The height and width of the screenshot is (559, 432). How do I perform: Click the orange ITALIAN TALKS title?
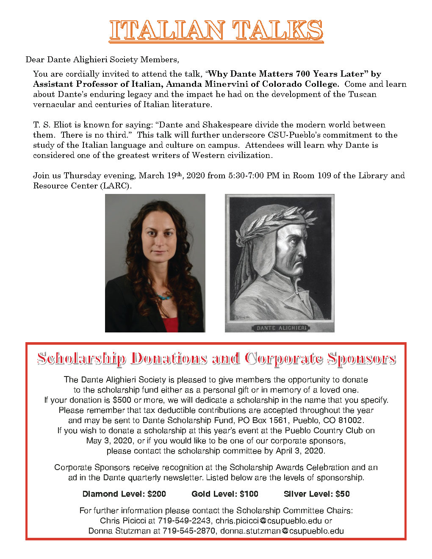216,30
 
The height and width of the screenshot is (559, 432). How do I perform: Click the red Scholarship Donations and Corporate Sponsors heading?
216,358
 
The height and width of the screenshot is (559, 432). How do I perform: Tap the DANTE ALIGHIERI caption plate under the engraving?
279,328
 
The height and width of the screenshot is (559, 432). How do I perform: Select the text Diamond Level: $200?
124,494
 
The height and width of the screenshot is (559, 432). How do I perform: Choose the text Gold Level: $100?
224,494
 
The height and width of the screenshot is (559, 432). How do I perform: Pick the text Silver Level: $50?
317,494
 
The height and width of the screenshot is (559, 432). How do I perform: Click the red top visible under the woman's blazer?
170,324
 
